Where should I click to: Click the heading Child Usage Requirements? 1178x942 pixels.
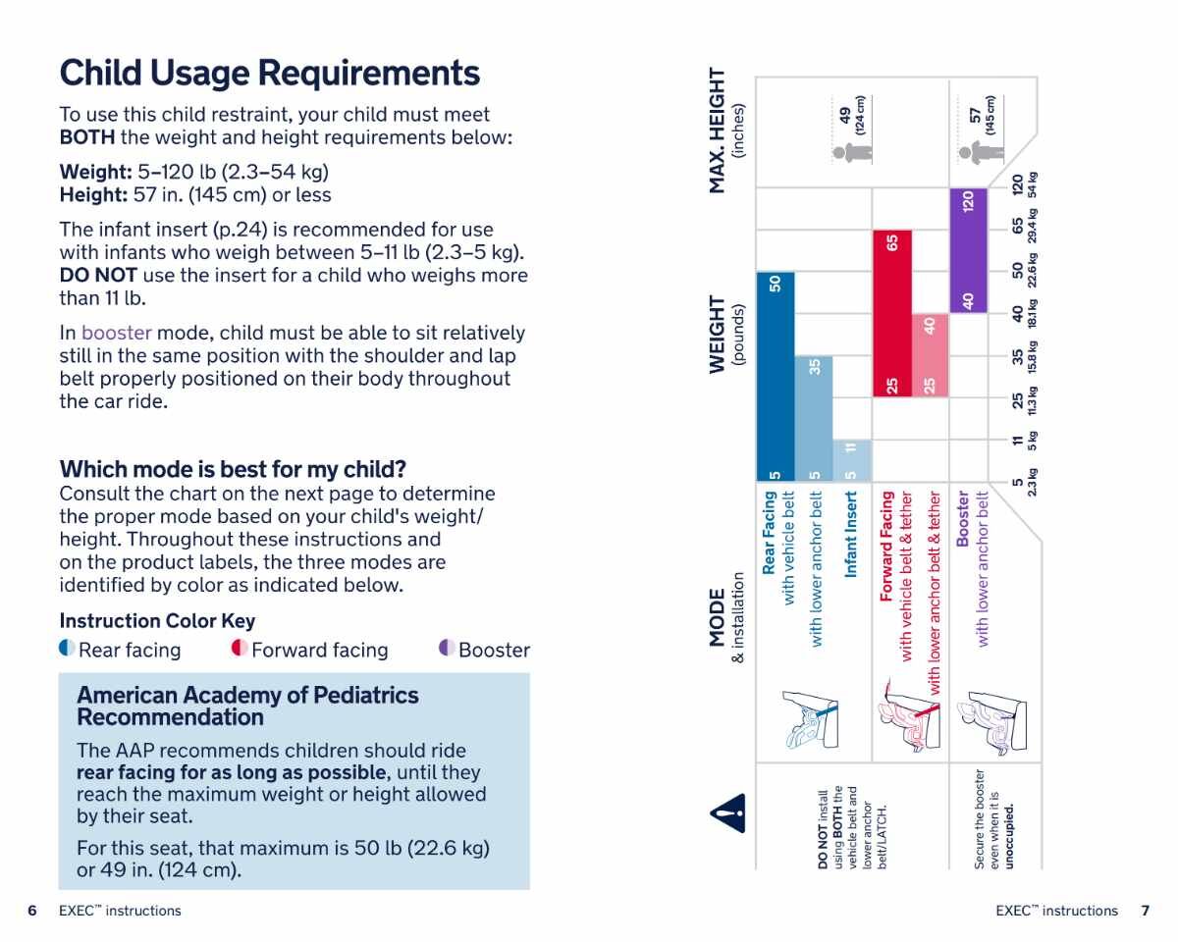click(270, 74)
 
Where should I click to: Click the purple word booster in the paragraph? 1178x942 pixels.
click(117, 333)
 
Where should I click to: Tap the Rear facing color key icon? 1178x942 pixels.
click(67, 649)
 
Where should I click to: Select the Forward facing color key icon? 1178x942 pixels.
click(239, 649)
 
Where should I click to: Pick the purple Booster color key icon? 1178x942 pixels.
click(446, 649)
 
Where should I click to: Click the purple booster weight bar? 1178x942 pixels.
click(968, 251)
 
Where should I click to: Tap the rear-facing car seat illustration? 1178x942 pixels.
click(811, 725)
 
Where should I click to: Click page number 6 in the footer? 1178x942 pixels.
click(32, 911)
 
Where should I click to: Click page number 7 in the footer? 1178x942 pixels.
click(1145, 911)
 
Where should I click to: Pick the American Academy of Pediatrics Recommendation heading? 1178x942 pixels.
click(247, 706)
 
